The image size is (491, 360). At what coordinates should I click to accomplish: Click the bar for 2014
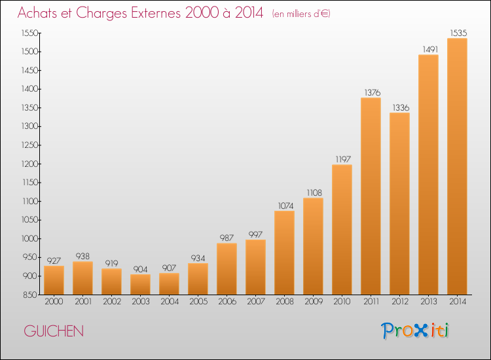tap(457, 166)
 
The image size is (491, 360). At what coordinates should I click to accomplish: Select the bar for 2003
tap(140, 285)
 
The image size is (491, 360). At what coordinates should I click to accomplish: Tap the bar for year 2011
tap(371, 196)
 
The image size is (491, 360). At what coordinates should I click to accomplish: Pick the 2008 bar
tap(284, 253)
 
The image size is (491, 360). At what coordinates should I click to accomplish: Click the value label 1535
tap(458, 33)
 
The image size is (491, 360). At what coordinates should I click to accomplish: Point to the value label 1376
tap(373, 92)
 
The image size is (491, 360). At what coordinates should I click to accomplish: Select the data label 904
tap(140, 269)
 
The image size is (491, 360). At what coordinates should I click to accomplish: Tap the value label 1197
tap(343, 159)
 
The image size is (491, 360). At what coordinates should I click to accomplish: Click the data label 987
tap(227, 238)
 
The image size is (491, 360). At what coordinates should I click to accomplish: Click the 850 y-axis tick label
tap(30, 295)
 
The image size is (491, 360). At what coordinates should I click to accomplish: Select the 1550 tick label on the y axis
tap(30, 33)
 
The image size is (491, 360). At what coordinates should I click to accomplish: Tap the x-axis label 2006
tap(227, 302)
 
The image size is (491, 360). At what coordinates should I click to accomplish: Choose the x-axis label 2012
tap(400, 302)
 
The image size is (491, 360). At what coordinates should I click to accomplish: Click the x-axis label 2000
tap(54, 302)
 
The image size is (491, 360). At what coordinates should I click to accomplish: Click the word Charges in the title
tap(101, 13)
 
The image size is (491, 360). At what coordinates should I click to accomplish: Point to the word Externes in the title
tap(156, 12)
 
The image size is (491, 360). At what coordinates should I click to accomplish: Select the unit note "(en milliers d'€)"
tap(301, 14)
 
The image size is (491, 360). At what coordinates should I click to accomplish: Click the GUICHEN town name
tap(54, 331)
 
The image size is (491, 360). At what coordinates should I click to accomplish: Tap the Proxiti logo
tap(414, 331)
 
